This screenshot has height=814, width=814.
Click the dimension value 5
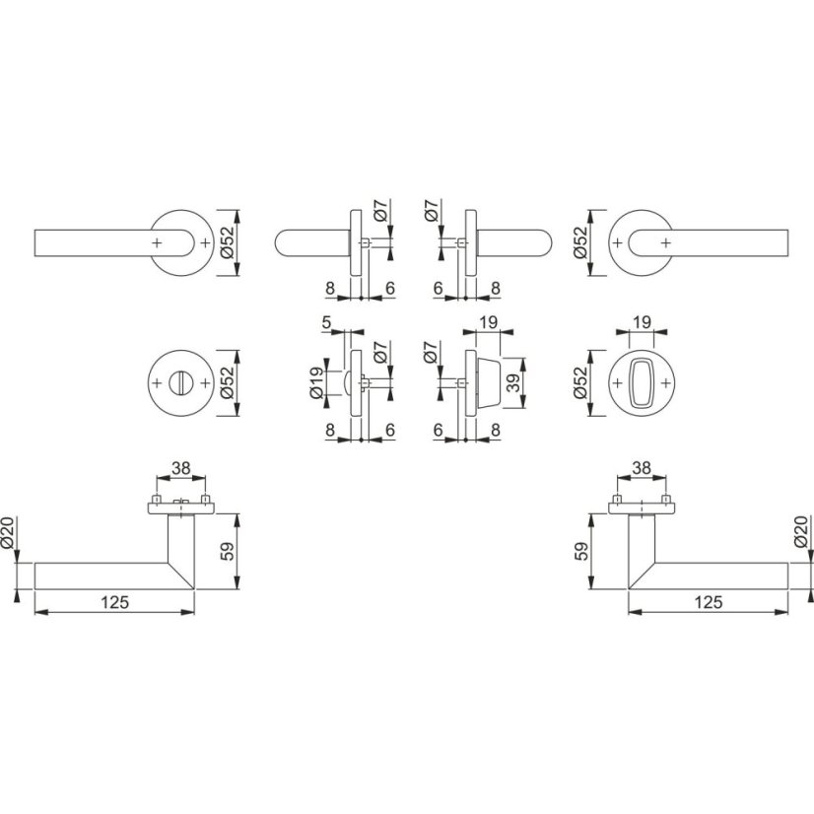(x=326, y=322)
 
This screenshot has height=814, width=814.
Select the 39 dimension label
(x=513, y=383)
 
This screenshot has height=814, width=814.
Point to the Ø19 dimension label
(x=316, y=383)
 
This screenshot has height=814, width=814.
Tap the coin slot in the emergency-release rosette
(x=181, y=383)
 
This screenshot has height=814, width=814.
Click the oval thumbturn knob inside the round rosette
(x=642, y=383)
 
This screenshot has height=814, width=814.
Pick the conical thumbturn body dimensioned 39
(x=488, y=383)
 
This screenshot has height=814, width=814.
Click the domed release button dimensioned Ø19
(x=347, y=383)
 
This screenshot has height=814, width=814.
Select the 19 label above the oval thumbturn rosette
(x=642, y=322)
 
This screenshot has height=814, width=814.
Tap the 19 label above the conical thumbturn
(x=489, y=322)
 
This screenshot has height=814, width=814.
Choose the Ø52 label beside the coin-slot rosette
(x=228, y=383)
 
